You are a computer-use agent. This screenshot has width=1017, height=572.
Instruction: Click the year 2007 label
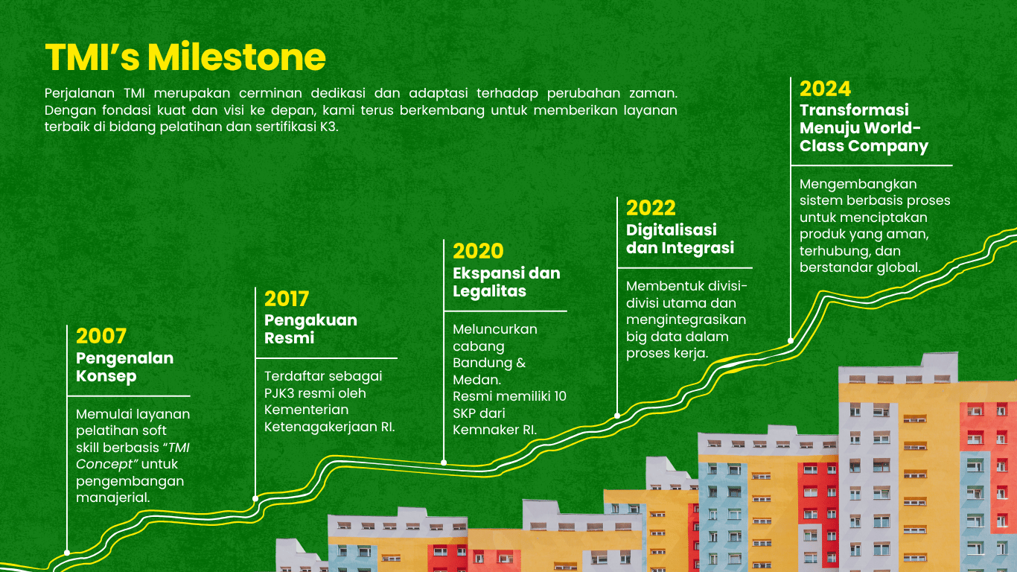101,337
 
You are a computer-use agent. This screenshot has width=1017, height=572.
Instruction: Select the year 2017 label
287,299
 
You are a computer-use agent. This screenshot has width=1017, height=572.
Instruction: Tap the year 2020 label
478,251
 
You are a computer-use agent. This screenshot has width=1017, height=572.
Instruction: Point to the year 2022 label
651,209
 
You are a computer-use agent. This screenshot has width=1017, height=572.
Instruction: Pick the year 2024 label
825,89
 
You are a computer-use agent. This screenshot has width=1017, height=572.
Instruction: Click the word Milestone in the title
237,57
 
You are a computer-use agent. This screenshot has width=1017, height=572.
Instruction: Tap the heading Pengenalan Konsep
124,367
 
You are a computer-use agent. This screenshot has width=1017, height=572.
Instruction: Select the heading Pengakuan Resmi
310,329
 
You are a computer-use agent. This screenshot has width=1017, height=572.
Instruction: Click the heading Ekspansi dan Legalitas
506,282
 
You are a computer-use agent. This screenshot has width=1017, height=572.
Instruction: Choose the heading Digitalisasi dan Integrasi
680,239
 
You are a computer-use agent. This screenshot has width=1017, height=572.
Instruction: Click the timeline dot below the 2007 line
67,553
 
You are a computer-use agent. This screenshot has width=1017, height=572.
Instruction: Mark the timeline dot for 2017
255,499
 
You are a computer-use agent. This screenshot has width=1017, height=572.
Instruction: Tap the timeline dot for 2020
444,463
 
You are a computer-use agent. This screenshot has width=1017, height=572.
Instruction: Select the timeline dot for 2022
617,416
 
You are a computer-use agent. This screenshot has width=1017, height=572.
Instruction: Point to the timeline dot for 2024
791,341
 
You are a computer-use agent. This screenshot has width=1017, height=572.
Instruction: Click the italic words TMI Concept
133,456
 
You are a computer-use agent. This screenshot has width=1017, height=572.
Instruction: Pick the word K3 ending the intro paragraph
329,127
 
